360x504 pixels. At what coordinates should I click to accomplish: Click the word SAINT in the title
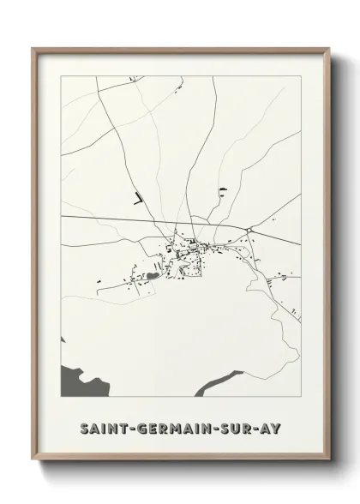point(101,425)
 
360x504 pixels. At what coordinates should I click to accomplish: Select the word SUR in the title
point(232,425)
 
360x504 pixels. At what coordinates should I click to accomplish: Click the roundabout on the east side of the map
point(249,231)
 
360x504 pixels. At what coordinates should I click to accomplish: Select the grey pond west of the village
point(153,275)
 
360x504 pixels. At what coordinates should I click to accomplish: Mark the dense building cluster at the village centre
point(189,249)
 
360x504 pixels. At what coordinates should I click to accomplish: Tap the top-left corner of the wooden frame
point(33,48)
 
